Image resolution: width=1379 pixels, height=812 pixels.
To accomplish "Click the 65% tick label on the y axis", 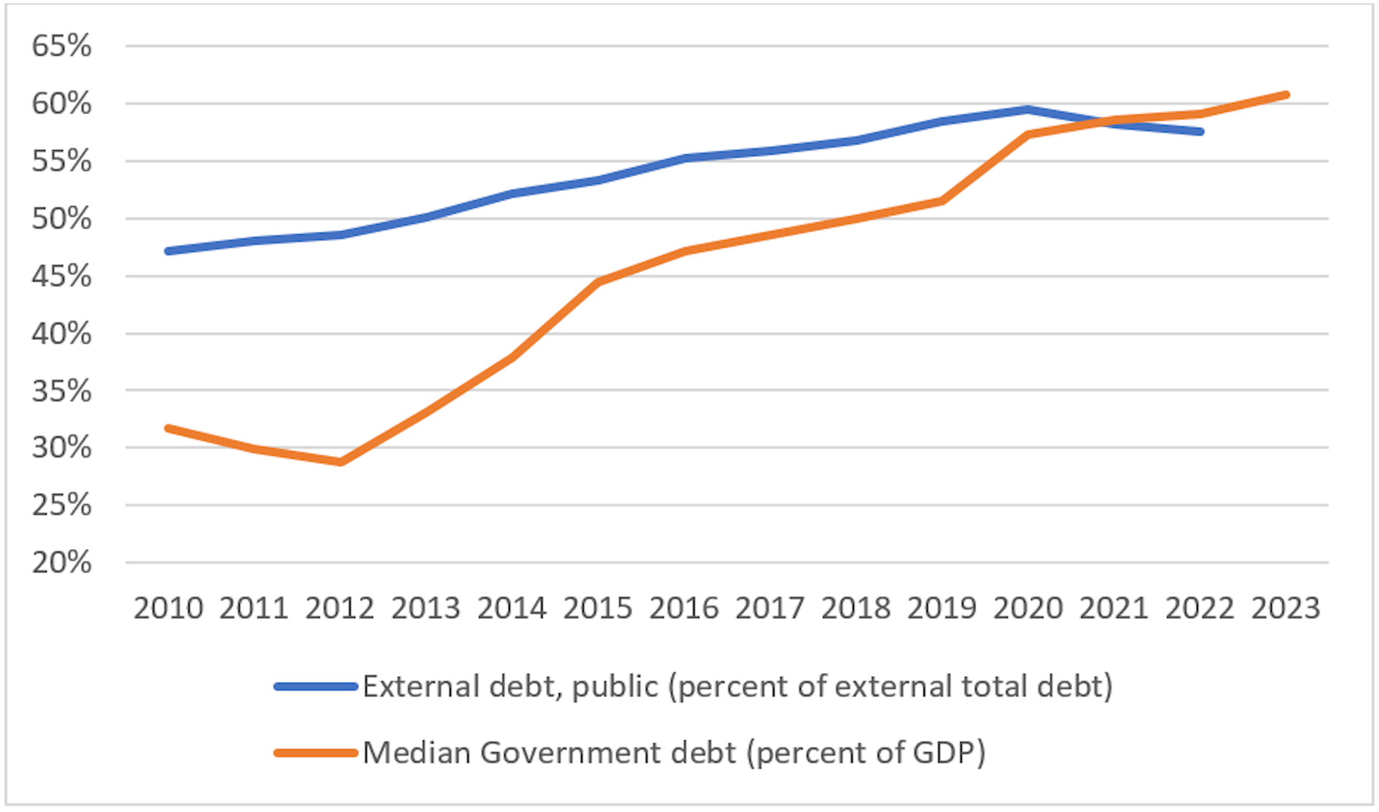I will coord(62,46).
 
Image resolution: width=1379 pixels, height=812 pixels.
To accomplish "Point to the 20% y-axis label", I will coord(62,562).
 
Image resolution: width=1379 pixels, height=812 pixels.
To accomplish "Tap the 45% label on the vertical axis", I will coord(62,276).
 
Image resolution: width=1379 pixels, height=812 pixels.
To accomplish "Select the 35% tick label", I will coord(62,391).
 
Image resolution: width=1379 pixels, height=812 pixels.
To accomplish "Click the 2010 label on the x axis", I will coord(168,609).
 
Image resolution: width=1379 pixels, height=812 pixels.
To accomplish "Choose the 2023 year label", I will coord(1286,609).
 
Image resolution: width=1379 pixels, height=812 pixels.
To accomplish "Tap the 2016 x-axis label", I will coord(684,609).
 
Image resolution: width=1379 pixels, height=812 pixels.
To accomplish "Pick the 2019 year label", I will coord(942,609).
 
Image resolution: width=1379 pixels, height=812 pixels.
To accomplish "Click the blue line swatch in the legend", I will coord(316,687).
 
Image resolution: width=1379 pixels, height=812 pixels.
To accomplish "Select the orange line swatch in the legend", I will coord(316,753).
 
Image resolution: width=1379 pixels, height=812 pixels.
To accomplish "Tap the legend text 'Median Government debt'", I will coord(549,753).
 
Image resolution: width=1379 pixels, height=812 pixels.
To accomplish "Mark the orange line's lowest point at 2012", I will coord(340,462).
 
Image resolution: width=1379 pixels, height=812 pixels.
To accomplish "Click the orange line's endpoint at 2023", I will coord(1286,95).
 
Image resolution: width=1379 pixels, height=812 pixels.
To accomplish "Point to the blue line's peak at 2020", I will coord(1028,110).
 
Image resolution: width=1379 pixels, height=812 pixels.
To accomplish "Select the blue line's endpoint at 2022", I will coord(1200,131).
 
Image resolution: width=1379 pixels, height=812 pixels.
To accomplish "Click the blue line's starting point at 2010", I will coord(168,251).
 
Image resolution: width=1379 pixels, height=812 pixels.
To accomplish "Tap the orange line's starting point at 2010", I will coord(168,429).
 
